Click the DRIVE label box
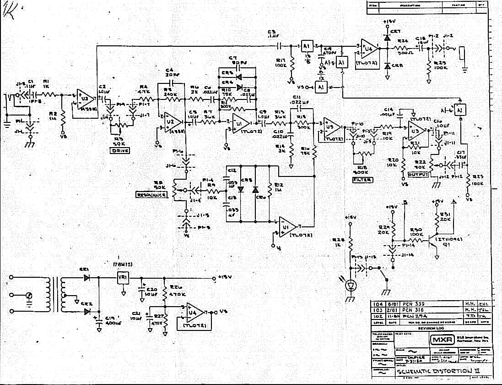pyautogui.click(x=121, y=151)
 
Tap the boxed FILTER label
pyautogui.click(x=362, y=180)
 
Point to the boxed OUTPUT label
pyautogui.click(x=418, y=175)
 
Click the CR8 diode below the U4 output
pyautogui.click(x=387, y=66)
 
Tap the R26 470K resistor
pyautogui.click(x=165, y=290)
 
